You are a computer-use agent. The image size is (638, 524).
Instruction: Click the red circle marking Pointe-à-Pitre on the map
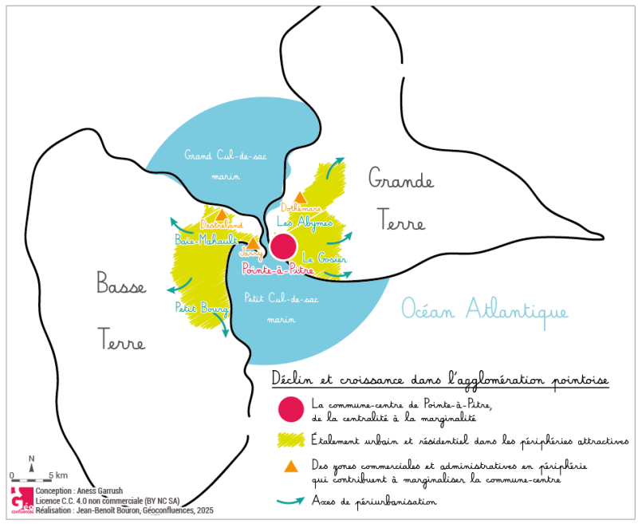283,246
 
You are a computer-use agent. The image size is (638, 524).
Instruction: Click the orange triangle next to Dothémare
300,197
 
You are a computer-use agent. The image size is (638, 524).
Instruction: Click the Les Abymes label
304,223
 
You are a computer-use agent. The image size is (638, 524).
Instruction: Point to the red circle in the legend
291,408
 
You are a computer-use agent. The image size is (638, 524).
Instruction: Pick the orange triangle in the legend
291,467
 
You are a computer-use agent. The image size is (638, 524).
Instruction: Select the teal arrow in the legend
291,502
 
